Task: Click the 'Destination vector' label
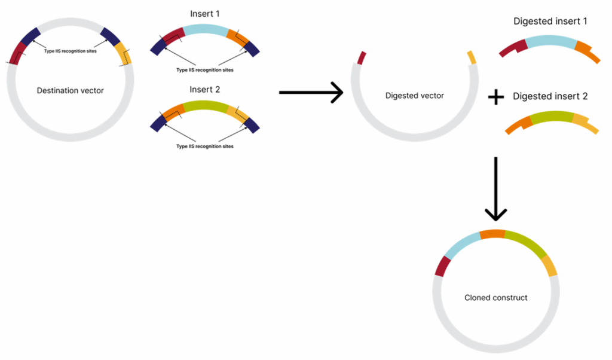(70, 90)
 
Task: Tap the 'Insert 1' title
(205, 13)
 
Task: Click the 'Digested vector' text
(414, 96)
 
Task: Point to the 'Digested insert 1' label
(550, 22)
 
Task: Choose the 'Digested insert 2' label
(550, 96)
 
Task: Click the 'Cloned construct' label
(496, 297)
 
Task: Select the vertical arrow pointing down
(495, 188)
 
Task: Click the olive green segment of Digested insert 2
(550, 116)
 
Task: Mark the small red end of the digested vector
(360, 58)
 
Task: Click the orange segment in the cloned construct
(492, 234)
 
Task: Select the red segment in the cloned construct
(442, 266)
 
